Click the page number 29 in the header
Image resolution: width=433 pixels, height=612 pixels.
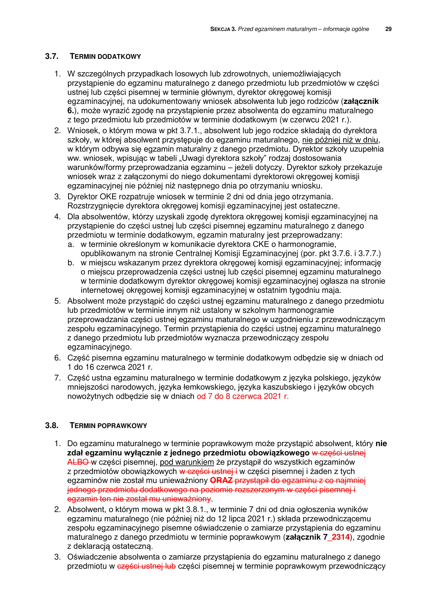pyautogui.click(x=388, y=29)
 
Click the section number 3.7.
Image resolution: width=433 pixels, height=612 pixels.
pyautogui.click(x=52, y=56)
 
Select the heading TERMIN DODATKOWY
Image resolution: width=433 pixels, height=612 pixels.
pyautogui.click(x=105, y=57)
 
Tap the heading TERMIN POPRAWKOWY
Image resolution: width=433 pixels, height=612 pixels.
pyautogui.click(x=108, y=425)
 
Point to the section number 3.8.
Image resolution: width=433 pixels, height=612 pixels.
pyautogui.click(x=52, y=425)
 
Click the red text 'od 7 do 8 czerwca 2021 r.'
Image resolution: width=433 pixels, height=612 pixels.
pyautogui.click(x=243, y=396)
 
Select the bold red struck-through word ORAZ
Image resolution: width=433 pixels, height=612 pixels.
pyautogui.click(x=221, y=480)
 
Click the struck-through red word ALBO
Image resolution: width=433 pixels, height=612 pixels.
pyautogui.click(x=78, y=462)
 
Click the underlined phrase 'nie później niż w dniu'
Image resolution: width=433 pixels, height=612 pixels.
pyautogui.click(x=340, y=140)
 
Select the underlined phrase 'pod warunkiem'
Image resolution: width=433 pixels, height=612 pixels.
pyautogui.click(x=187, y=462)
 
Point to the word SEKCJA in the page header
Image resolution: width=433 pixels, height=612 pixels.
pyautogui.click(x=220, y=29)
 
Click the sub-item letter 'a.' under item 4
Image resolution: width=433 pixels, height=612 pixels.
pyautogui.click(x=71, y=244)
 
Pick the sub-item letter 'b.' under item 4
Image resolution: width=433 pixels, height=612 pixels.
pyautogui.click(x=71, y=263)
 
